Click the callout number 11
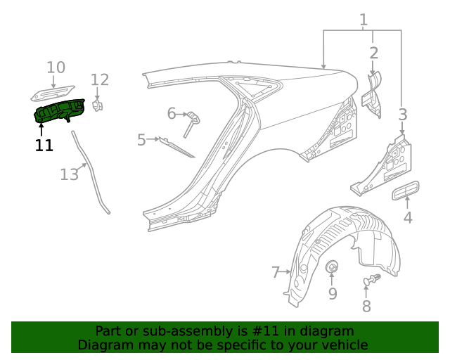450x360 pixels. point(44,146)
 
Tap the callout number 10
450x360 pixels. point(56,67)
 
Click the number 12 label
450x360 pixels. point(100,79)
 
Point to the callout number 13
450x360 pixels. point(69,174)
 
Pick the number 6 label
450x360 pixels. point(171,113)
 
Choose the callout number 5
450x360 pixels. point(141,140)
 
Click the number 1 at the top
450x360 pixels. point(364,20)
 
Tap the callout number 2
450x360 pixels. point(373,53)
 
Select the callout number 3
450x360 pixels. point(402,114)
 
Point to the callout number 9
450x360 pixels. point(333,293)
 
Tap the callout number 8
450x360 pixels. point(366,306)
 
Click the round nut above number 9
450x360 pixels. point(333,266)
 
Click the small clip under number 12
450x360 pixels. point(98,105)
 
